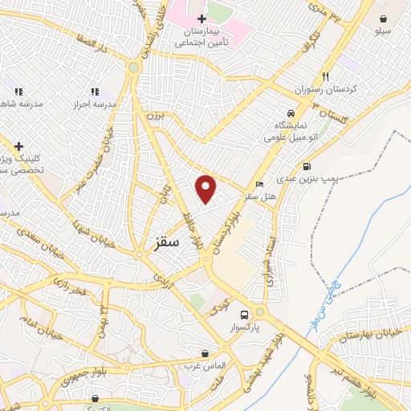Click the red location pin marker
(x=206, y=188)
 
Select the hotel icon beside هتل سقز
(x=258, y=185)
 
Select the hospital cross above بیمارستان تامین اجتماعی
(x=201, y=18)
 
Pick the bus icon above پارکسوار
(x=259, y=314)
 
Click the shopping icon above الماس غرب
(x=205, y=353)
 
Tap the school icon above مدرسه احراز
(x=95, y=92)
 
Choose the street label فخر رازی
(x=70, y=283)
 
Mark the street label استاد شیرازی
(x=272, y=262)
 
